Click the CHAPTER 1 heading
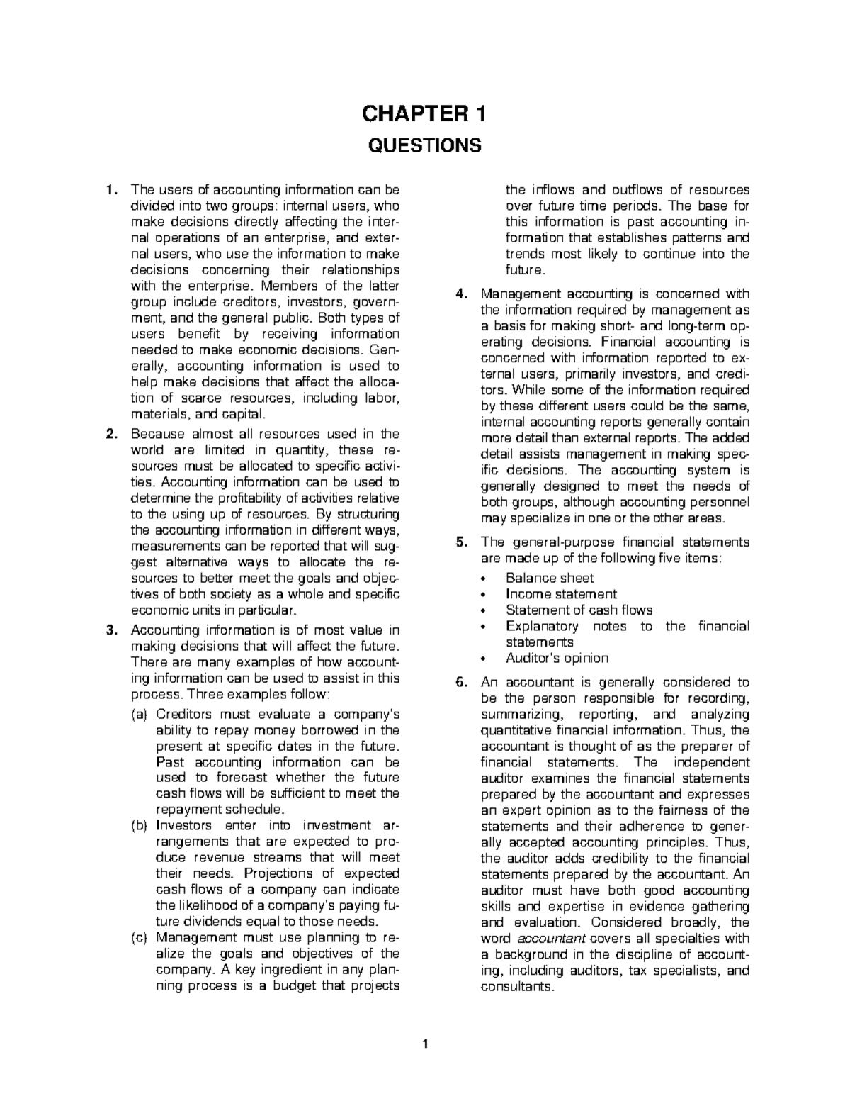pyautogui.click(x=424, y=113)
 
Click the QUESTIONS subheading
pyautogui.click(x=424, y=146)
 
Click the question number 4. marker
pyautogui.click(x=460, y=294)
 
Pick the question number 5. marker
pyautogui.click(x=460, y=542)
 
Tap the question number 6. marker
pyautogui.click(x=460, y=683)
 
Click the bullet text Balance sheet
pyautogui.click(x=550, y=579)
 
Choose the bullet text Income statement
pyautogui.click(x=561, y=594)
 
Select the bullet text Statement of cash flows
pyautogui.click(x=579, y=610)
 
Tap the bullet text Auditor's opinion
pyautogui.click(x=557, y=659)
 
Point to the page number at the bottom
pyautogui.click(x=424, y=1044)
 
